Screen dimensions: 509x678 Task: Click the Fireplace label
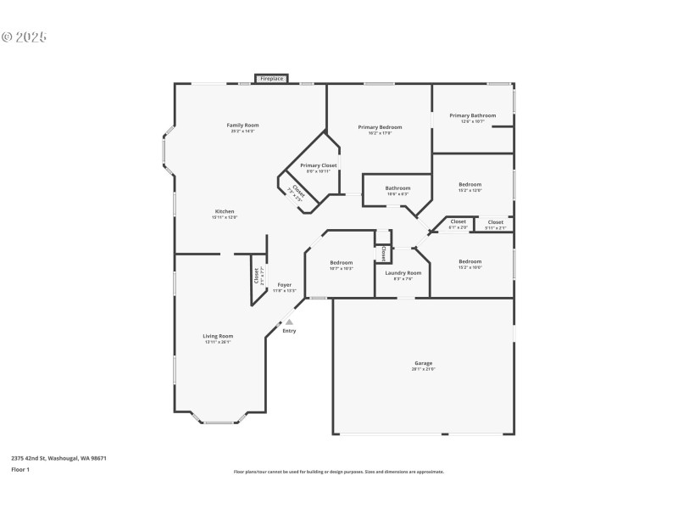coord(272,79)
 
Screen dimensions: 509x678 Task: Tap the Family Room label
coord(242,125)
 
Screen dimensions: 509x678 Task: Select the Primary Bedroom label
coord(380,127)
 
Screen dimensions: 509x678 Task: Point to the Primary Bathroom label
coord(473,115)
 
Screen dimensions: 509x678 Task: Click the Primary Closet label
coord(319,165)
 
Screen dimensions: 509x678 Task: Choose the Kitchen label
coord(225,211)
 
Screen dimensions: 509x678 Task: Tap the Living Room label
coord(218,336)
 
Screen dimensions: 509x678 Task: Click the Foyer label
coord(285,284)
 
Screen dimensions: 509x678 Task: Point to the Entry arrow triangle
coord(289,322)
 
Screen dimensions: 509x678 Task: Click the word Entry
coord(290,331)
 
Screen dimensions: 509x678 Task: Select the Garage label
coord(423,362)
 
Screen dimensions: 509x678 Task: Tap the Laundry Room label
coord(403,272)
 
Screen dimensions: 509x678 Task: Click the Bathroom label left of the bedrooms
coord(397,188)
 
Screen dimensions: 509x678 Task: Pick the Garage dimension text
coord(423,369)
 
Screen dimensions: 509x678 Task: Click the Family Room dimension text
coord(242,131)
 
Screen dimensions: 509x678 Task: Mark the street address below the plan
coord(58,458)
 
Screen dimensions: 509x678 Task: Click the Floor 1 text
coord(20,469)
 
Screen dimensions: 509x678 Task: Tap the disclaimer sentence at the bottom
coord(339,472)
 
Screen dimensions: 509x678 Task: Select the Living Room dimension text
coord(218,343)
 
